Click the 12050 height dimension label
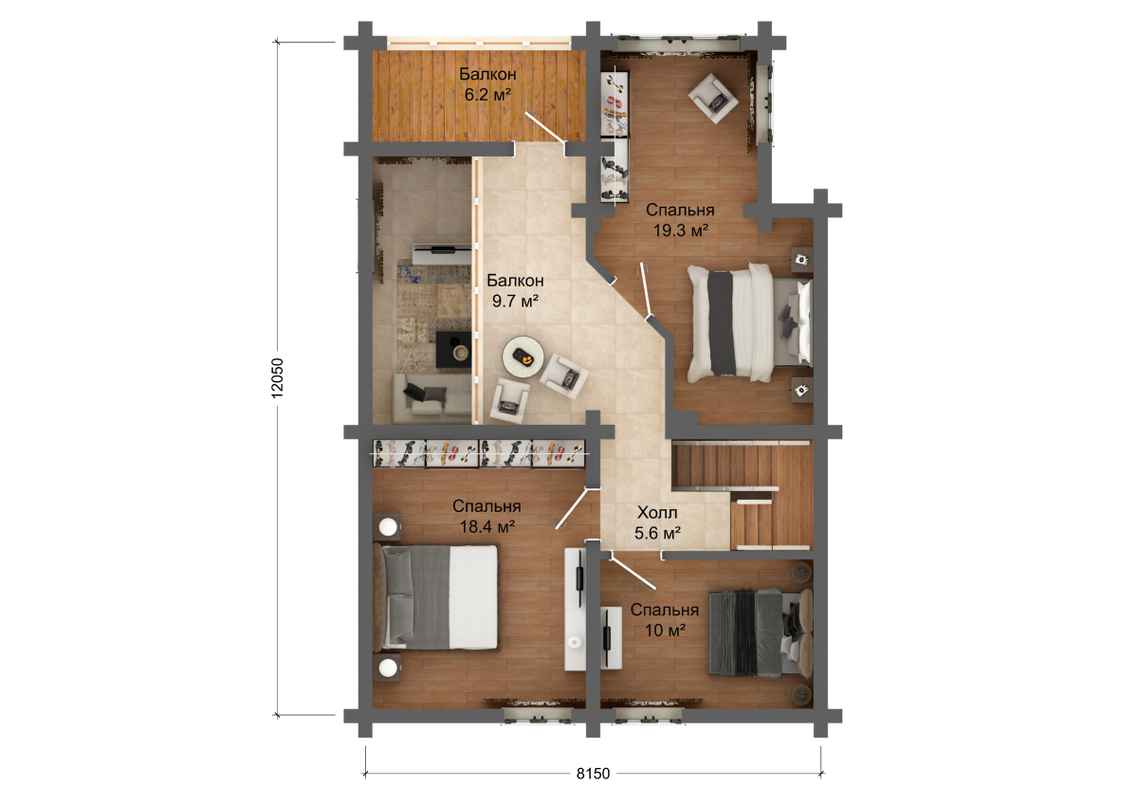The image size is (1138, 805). click(277, 378)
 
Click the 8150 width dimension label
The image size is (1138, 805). click(593, 774)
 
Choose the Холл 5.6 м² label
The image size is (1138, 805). click(657, 523)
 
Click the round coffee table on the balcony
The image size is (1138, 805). click(523, 357)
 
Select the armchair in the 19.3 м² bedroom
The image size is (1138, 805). click(713, 98)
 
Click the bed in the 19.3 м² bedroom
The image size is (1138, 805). click(750, 323)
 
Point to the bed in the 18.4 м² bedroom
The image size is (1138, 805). click(435, 597)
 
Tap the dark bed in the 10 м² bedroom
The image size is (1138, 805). click(761, 632)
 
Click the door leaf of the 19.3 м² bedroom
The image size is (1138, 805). click(646, 291)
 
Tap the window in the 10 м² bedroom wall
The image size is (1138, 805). click(649, 716)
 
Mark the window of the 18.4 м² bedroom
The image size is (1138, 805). click(538, 716)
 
